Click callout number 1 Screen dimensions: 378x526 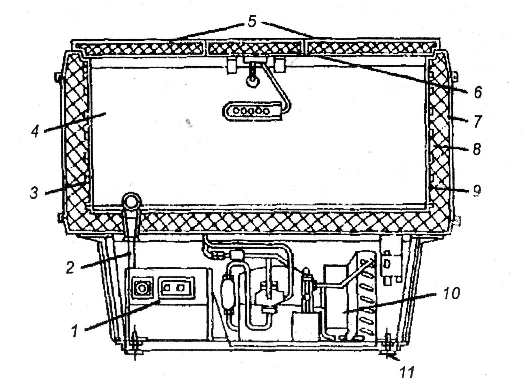(x=76, y=331)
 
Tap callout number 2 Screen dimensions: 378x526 (x=70, y=267)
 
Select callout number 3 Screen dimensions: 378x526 (x=34, y=192)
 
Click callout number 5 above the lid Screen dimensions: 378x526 (x=252, y=22)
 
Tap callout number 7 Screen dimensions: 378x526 (x=478, y=121)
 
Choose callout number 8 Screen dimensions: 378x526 (x=477, y=149)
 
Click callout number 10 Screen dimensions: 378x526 (x=452, y=293)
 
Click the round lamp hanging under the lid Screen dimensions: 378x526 (x=252, y=80)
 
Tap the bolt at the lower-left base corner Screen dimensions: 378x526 (x=135, y=345)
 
